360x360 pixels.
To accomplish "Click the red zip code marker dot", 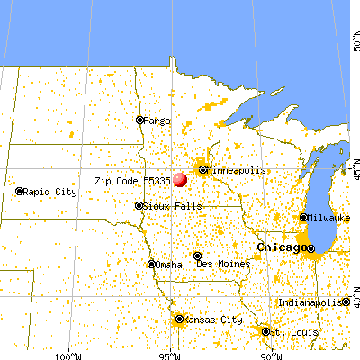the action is tap(180, 179).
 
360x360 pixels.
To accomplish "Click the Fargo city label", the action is tap(157, 120).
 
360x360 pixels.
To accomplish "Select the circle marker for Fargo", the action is tap(139, 120).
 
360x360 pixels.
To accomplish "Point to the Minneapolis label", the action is tap(235, 169).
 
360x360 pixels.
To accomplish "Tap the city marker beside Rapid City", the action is tap(20, 192).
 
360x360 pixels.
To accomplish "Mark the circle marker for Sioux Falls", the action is tap(139, 206).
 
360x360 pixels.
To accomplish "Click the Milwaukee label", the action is tap(328, 218).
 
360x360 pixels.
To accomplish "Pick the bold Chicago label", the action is tap(280, 247).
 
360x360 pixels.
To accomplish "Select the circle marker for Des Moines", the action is tap(198, 256).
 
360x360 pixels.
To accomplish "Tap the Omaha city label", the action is tap(169, 265).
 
